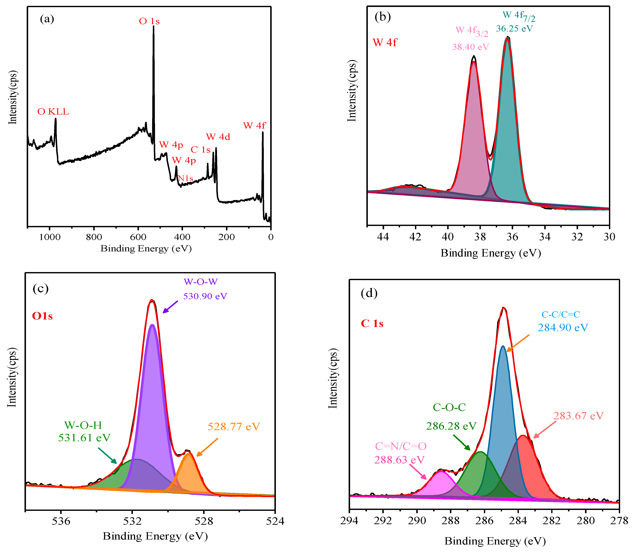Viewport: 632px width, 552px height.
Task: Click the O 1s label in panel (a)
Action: (x=149, y=21)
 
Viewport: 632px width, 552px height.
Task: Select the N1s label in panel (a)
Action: (x=186, y=178)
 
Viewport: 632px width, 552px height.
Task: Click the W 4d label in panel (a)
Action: (x=218, y=137)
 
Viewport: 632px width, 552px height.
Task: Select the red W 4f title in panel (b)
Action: (x=385, y=42)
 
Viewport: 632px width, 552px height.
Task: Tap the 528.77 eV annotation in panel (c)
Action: (x=234, y=427)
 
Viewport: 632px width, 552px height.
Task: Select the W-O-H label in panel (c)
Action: (x=83, y=425)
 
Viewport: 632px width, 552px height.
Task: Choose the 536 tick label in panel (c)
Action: (x=61, y=521)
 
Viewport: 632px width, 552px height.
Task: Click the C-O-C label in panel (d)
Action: (x=449, y=407)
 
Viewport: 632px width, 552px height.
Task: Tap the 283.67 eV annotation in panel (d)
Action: (x=578, y=416)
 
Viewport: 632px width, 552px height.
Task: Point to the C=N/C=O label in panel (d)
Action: (x=401, y=446)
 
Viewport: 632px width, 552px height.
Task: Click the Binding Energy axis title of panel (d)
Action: (x=495, y=541)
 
